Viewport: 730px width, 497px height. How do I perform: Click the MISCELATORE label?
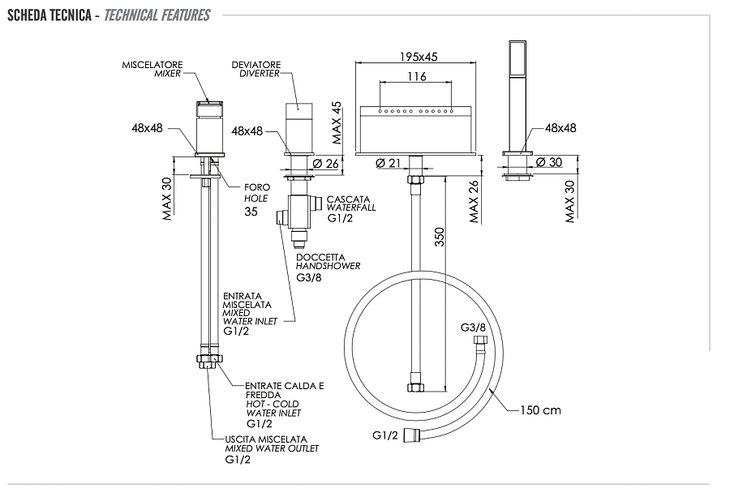point(152,64)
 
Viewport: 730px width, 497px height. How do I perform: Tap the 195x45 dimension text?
point(419,57)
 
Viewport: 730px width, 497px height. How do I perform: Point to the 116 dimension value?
point(417,77)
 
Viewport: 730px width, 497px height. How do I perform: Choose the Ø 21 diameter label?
point(390,164)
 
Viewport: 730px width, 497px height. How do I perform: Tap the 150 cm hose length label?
point(540,410)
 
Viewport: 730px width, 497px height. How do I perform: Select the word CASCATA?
point(349,199)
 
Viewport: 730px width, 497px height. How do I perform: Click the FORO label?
point(257,187)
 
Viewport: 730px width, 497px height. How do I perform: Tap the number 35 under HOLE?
point(251,212)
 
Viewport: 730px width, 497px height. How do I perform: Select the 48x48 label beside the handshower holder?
point(560,128)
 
